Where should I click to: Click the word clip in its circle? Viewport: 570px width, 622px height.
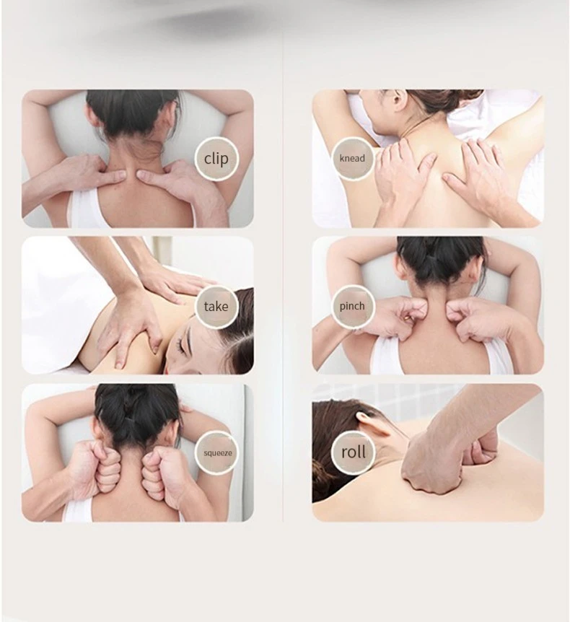pos(215,159)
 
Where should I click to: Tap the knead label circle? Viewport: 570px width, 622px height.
pos(352,158)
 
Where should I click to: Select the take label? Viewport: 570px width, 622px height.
pos(215,306)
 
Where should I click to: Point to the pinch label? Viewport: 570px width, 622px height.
pos(352,306)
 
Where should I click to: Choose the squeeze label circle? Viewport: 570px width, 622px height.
pos(216,452)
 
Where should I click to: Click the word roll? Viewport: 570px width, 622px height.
pos(353,452)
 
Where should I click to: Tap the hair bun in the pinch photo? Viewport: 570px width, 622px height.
pos(440,257)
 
